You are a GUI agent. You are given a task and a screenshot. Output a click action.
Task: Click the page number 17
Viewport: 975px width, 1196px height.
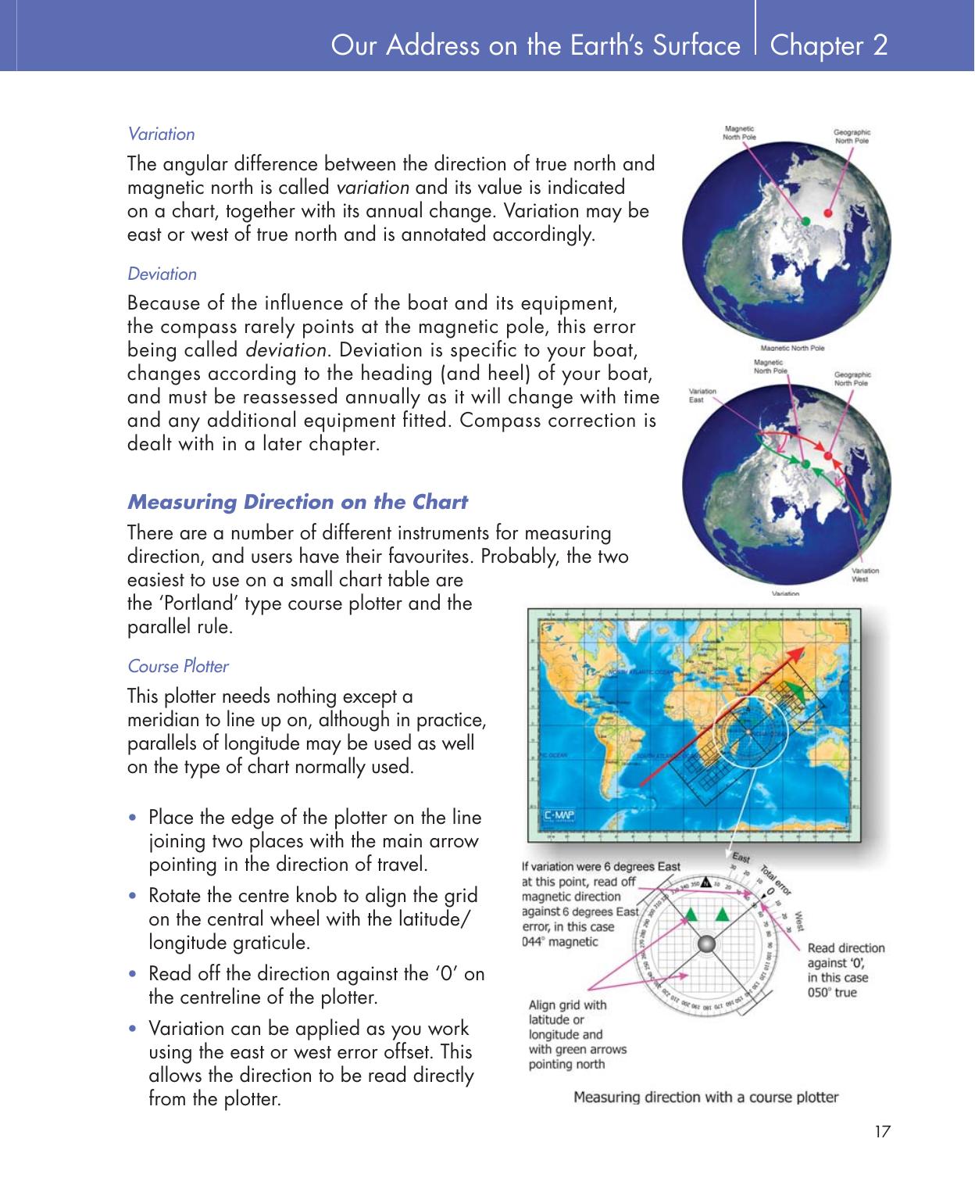(882, 1131)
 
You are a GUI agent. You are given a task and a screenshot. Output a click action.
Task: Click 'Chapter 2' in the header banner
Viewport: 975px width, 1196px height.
(828, 45)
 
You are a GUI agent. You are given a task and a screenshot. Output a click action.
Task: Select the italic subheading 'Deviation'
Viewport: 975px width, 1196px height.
(162, 274)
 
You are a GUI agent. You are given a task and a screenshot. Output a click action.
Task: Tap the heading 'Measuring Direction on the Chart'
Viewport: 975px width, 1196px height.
(297, 502)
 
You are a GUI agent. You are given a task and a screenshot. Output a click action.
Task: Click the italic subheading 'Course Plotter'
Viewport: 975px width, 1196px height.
(178, 666)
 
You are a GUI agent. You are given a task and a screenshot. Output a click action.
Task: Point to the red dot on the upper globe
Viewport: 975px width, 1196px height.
(829, 212)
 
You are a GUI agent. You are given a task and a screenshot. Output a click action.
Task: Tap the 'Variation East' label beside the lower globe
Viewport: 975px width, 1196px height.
(701, 395)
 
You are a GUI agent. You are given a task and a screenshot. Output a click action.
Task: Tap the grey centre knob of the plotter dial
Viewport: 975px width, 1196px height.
(705, 945)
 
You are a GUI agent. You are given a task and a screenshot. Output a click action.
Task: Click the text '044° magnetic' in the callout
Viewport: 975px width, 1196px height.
(559, 941)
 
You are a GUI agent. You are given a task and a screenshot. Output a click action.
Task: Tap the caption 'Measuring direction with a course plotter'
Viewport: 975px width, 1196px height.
(705, 1097)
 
